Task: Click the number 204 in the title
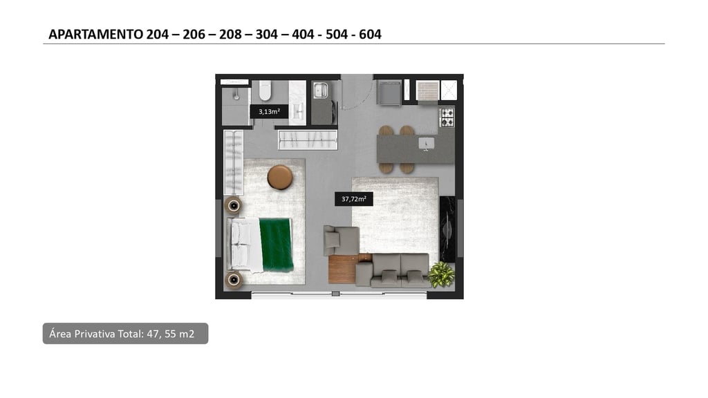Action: click(157, 35)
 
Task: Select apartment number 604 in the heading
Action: click(371, 35)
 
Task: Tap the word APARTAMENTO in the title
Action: click(95, 35)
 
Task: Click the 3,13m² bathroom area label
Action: click(269, 111)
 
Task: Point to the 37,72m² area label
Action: click(353, 199)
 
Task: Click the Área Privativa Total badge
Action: click(126, 334)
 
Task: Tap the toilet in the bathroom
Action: click(265, 91)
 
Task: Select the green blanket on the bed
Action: click(277, 245)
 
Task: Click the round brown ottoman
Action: click(280, 178)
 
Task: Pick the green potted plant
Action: click(441, 274)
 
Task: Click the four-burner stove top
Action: click(447, 117)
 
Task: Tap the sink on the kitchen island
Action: click(426, 144)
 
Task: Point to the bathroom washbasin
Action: click(297, 111)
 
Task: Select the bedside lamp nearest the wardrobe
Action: click(234, 206)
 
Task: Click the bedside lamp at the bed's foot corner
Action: click(234, 280)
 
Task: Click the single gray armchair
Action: click(340, 240)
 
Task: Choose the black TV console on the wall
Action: click(447, 229)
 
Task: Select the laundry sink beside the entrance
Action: click(321, 90)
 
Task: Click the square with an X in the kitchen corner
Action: click(448, 91)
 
